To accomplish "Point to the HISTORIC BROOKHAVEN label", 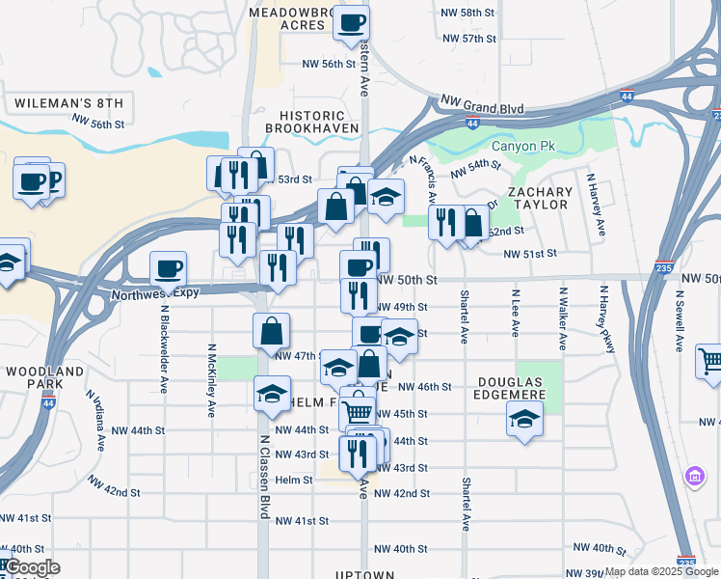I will click(311, 121).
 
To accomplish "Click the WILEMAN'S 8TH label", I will click(69, 102).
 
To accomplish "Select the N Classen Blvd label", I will click(263, 476).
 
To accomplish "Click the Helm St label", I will click(294, 480).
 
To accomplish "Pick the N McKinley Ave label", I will click(210, 378).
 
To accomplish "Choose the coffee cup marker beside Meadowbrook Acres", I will click(351, 21).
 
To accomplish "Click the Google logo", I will click(32, 568).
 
